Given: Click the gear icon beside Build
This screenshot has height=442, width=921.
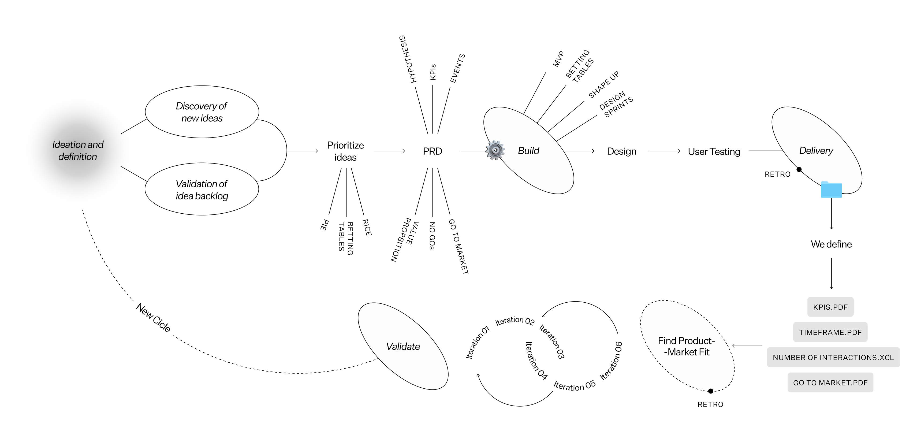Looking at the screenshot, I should (495, 150).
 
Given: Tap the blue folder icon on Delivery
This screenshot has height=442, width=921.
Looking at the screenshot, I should (831, 189).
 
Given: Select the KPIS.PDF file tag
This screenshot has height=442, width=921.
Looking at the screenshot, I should (830, 307).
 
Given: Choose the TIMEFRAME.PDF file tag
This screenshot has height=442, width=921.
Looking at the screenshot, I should (830, 332).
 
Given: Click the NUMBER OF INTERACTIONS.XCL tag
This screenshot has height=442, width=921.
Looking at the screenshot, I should (833, 357).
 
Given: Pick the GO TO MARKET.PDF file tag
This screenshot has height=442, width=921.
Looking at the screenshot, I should (830, 383).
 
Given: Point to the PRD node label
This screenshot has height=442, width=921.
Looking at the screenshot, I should (432, 151).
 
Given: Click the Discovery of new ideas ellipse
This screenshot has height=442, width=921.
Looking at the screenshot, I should (202, 112).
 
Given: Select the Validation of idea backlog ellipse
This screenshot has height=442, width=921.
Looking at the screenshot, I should (202, 190).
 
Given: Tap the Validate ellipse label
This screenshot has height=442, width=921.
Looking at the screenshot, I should (403, 346).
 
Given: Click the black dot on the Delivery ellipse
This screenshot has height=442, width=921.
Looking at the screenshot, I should (799, 169).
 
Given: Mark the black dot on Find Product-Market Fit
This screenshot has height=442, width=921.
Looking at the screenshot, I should (711, 391).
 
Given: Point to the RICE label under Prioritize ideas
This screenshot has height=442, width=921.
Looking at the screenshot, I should (367, 228).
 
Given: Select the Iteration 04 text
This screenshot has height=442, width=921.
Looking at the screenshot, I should (536, 361).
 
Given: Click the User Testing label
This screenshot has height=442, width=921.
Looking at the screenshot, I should (714, 152).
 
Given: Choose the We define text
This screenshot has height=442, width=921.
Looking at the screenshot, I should (831, 244).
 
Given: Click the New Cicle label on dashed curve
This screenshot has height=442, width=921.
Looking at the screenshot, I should (153, 318).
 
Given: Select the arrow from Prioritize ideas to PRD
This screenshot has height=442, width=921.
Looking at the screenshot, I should (389, 151).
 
